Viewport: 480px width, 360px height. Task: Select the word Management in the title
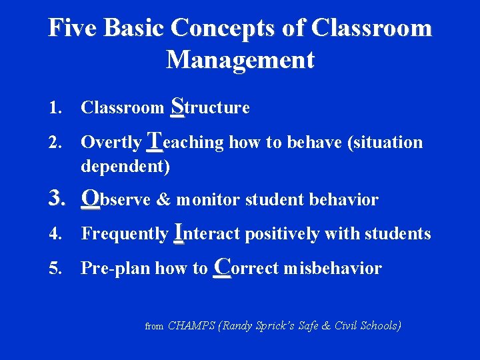coord(240,60)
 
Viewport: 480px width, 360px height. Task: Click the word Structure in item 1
coord(210,107)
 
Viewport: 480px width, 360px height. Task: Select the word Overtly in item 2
coord(111,143)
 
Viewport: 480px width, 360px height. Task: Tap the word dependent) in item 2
coord(125,166)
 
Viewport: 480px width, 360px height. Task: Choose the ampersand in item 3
coord(164,200)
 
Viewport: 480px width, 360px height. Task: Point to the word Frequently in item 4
coord(124,234)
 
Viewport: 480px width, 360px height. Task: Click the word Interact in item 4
coord(208,233)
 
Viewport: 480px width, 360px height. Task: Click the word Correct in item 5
coord(247,268)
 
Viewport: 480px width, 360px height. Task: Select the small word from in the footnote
coord(154,327)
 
